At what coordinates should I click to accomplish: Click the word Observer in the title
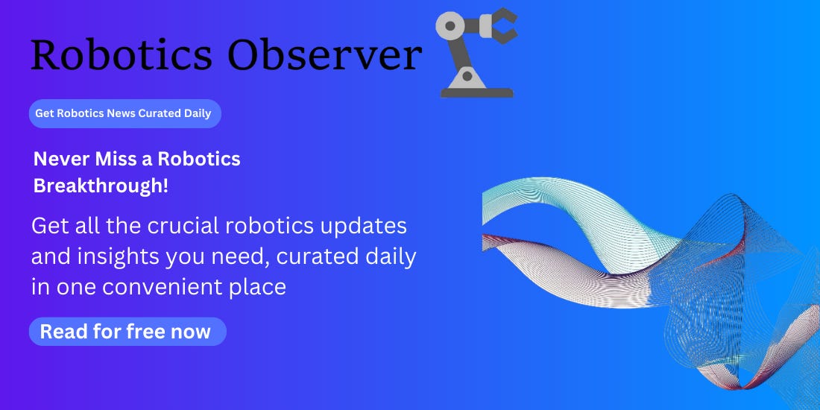coord(324,55)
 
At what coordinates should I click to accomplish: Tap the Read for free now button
coord(126,332)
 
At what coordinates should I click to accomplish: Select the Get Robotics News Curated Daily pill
coord(124,113)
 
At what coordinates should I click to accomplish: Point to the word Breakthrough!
coord(101,186)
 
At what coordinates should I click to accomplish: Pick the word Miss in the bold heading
coord(111,159)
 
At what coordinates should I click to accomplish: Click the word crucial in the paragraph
coord(195,226)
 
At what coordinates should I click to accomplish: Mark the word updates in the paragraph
coord(368,226)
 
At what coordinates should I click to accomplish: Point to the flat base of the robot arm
coord(476,93)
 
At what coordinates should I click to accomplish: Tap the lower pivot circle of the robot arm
coord(467,75)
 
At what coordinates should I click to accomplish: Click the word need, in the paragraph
coord(247,256)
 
